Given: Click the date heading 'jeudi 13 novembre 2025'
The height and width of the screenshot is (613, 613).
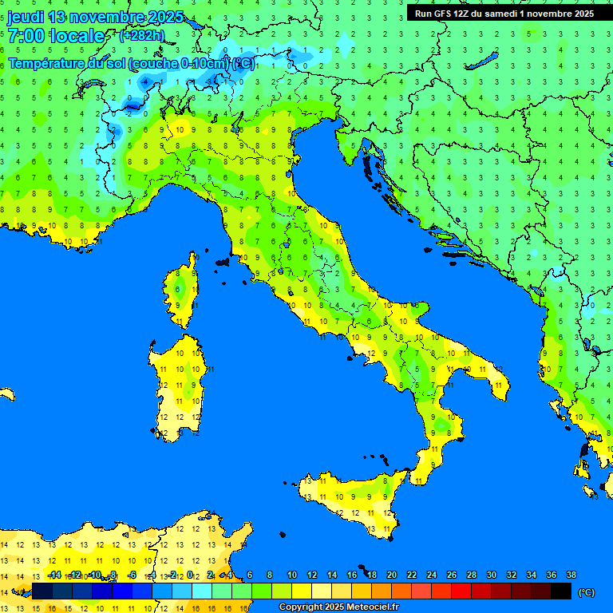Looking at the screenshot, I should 95,17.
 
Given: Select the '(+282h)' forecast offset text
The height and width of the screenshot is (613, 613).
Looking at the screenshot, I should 141,36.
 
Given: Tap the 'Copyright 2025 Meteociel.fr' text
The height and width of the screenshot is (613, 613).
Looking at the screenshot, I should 338,607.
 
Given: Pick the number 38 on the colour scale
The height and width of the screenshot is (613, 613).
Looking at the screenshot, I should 571,575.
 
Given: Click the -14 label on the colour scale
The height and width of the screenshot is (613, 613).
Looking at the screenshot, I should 54,575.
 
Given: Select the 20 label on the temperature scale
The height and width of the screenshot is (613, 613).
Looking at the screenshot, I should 391,575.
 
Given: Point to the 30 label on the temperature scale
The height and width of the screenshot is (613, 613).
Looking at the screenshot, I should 491,575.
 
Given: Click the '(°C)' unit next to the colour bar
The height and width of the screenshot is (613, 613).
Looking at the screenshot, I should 586,592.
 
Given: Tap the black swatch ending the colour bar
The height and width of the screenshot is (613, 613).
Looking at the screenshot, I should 561,591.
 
